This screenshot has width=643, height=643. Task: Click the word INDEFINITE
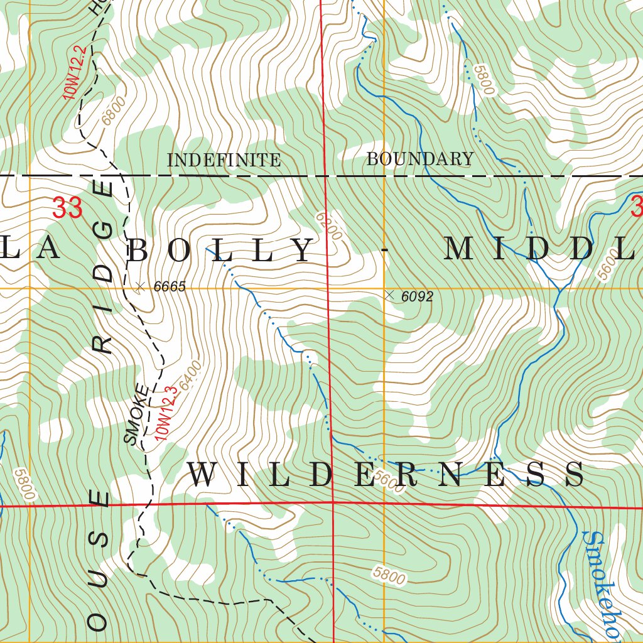(224, 160)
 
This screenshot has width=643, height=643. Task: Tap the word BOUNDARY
(419, 159)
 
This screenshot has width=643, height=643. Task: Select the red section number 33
(67, 208)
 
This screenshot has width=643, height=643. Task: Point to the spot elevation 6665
(170, 287)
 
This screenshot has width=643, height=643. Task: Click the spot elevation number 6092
(417, 296)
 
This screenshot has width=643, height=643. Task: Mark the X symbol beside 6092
(390, 294)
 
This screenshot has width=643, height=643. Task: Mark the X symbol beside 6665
(140, 286)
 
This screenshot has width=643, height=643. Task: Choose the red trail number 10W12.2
(73, 72)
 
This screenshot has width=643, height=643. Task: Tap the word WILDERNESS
(386, 475)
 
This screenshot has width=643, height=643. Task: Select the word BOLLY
(220, 251)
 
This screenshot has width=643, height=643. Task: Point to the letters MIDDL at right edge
(543, 249)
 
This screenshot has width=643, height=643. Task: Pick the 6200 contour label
(330, 225)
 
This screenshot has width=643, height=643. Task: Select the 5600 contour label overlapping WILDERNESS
(387, 481)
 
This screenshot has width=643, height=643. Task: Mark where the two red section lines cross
(332, 502)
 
